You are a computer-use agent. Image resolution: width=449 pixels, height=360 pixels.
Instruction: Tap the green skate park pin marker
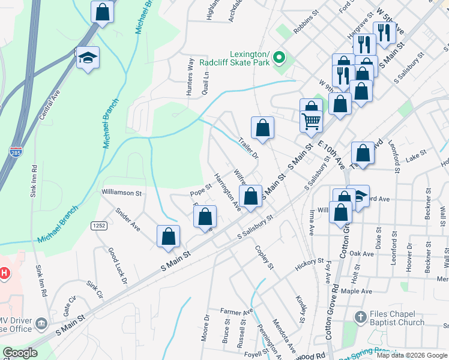(x=279, y=58)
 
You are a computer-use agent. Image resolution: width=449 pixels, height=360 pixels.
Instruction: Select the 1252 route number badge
(x=99, y=225)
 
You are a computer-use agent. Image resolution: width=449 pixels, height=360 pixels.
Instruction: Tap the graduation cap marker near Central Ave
(x=88, y=58)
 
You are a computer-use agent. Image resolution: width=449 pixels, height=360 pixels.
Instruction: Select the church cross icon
(x=360, y=316)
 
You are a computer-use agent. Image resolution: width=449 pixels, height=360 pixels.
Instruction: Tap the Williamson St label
(x=121, y=193)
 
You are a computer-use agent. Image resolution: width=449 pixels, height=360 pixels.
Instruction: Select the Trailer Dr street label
(x=247, y=148)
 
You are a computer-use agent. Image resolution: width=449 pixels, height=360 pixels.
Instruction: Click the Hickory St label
(x=309, y=263)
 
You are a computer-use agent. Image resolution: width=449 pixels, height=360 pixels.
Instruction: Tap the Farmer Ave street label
(x=237, y=311)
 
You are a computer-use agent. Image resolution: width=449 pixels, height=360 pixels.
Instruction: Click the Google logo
(x=20, y=353)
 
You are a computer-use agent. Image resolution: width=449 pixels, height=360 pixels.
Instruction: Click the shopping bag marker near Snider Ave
(x=168, y=236)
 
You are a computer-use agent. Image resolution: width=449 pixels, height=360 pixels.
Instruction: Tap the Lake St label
(x=415, y=154)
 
